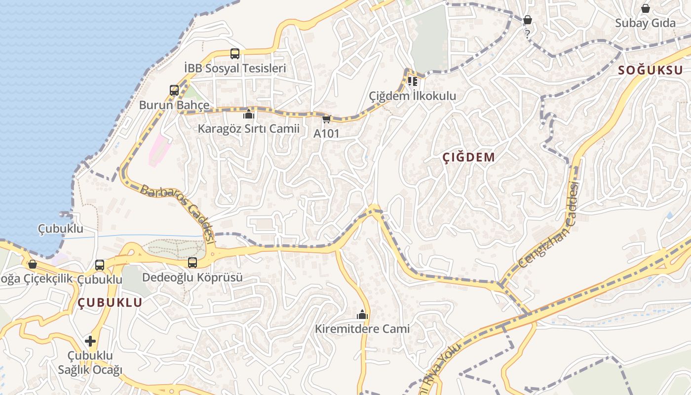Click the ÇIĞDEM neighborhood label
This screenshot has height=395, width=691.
click(468, 158)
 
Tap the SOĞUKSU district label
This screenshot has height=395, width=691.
click(650, 70)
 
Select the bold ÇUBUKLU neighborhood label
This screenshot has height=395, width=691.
click(110, 303)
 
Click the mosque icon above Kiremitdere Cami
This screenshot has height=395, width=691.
click(362, 315)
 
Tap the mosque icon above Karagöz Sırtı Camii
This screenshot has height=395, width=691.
click(248, 115)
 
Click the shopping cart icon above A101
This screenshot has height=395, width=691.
click(326, 119)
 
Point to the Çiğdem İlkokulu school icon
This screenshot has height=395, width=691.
click(412, 81)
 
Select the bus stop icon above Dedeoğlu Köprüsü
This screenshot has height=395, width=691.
click(192, 263)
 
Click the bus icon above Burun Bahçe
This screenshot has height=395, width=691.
click(174, 90)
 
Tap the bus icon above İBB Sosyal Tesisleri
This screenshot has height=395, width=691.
click(235, 54)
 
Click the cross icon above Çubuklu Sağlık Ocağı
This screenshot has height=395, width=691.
click(90, 341)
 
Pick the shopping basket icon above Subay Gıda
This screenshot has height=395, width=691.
click(645, 8)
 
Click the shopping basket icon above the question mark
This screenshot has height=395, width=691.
click(528, 20)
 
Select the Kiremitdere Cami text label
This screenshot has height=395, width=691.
click(362, 329)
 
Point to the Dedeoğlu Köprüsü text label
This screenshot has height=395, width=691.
click(192, 277)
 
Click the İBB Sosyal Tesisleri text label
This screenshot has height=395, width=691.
click(235, 68)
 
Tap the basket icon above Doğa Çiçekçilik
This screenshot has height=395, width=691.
click(33, 265)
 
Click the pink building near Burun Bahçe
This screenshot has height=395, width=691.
click(159, 149)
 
